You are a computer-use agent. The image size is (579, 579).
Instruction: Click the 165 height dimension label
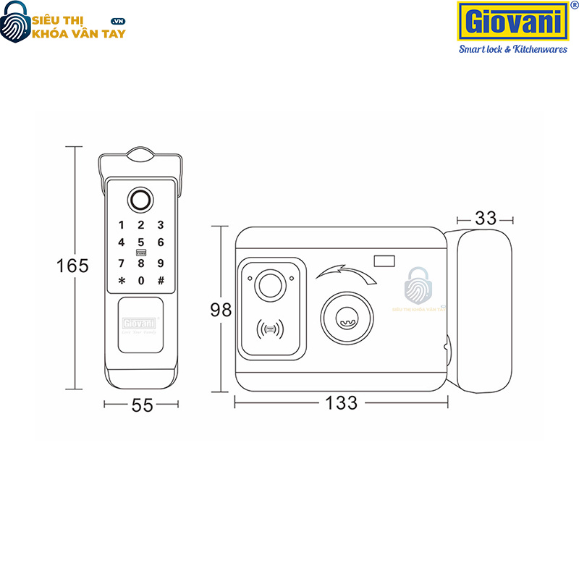[73, 266]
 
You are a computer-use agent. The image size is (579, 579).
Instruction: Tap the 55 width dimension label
[143, 405]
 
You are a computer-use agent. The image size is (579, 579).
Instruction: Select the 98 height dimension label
[221, 310]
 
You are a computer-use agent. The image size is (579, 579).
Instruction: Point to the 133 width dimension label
[342, 403]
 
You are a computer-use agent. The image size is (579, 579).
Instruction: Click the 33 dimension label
[485, 216]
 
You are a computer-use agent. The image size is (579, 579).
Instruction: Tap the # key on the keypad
[161, 281]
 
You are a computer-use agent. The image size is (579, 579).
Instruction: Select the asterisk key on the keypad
[122, 281]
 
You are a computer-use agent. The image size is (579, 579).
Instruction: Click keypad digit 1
[122, 225]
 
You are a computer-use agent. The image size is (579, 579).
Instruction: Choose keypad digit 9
[161, 263]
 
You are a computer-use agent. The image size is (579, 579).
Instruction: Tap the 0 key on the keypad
[141, 281]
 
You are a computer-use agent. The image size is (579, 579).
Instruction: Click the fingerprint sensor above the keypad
[140, 200]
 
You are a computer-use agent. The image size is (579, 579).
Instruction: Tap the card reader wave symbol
[270, 330]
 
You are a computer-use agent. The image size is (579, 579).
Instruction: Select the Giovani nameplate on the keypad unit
[140, 324]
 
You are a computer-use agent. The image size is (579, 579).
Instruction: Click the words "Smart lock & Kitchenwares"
[513, 49]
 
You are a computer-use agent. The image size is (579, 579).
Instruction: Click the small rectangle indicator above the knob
[384, 261]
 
